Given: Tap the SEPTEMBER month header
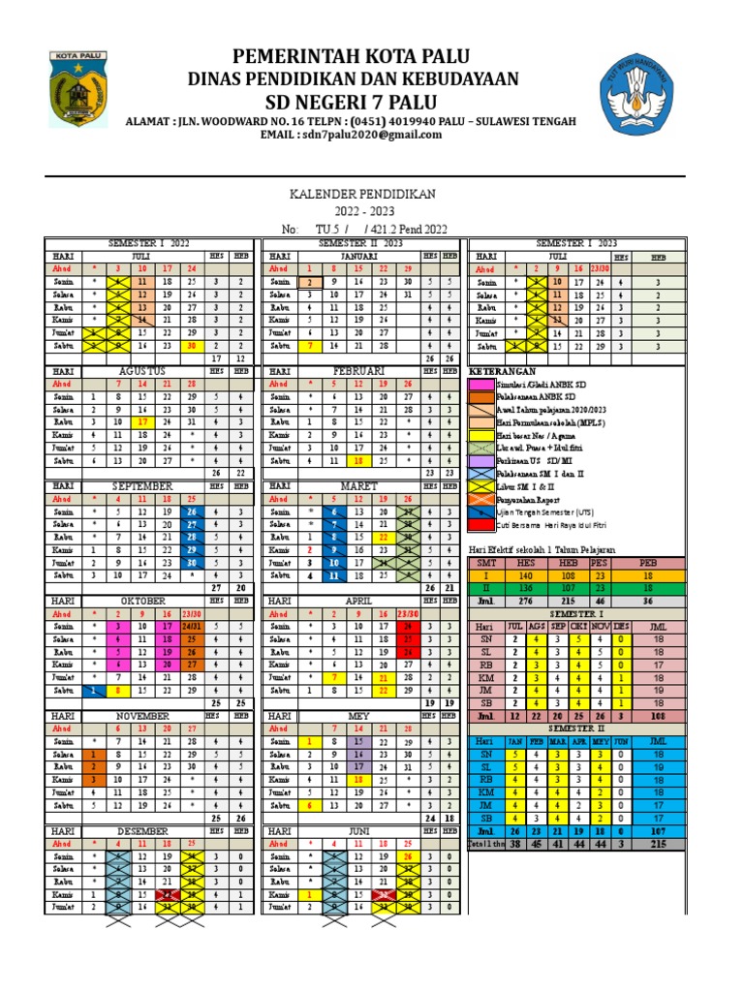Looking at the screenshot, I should tap(142, 484).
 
